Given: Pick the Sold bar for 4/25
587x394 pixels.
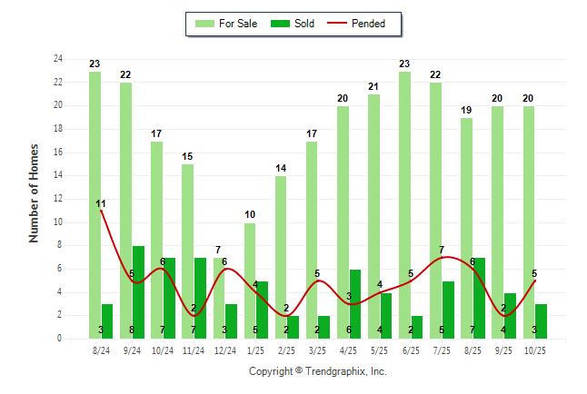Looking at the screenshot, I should (355, 304).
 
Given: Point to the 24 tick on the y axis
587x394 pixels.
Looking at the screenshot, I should (58, 59).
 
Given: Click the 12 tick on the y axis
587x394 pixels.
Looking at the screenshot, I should (58, 199).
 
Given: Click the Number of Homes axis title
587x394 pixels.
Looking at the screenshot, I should (35, 192).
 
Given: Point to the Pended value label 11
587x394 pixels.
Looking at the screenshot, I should (101, 202).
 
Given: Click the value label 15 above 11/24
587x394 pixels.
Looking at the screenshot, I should (188, 156).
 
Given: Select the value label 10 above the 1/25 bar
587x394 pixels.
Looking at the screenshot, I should (250, 214).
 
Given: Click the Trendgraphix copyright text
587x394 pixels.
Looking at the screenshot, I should (318, 371).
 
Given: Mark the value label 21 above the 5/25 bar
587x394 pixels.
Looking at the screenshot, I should (374, 86).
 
